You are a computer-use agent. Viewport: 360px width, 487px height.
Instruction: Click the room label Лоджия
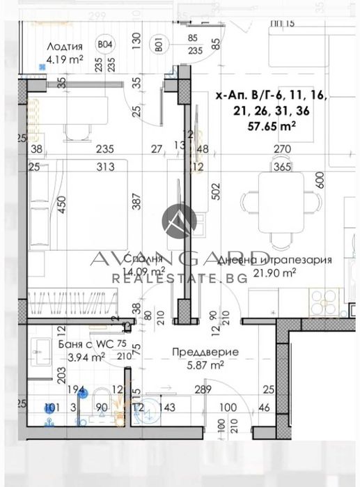65,47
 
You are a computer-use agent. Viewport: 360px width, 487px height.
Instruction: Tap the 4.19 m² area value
65,59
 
